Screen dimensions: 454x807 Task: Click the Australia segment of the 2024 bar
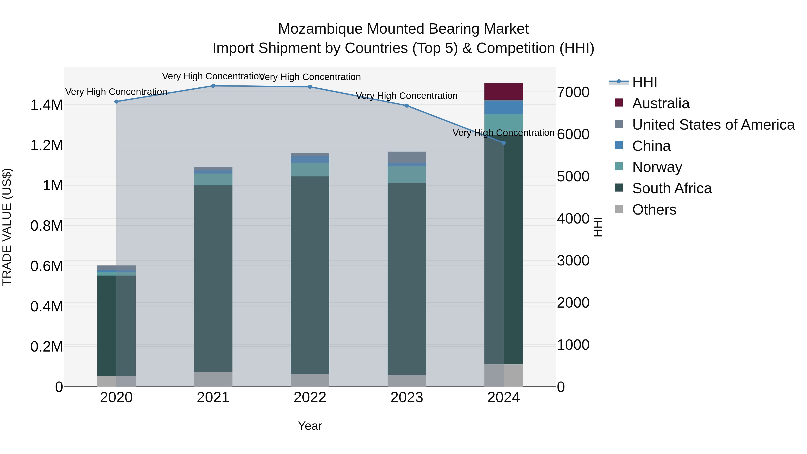coord(503,91)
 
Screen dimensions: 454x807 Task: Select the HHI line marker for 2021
coord(213,86)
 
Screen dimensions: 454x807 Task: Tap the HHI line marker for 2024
coord(503,143)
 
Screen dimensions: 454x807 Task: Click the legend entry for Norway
coord(657,167)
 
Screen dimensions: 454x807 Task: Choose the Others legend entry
coord(654,210)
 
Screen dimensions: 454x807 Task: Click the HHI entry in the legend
coord(644,82)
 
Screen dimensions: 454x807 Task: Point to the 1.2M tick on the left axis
coord(46,145)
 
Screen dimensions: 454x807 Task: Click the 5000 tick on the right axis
coord(573,176)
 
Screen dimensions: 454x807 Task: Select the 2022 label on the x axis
coord(310,398)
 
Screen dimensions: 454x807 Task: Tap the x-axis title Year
coord(310,426)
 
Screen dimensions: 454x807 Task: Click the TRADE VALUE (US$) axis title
coord(7,227)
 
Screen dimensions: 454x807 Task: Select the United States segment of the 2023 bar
coord(407,157)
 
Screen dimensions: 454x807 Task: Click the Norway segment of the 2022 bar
coord(310,169)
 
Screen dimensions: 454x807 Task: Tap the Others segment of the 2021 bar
coord(213,379)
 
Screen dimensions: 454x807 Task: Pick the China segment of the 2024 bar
coord(503,107)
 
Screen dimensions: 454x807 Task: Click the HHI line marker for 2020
coord(116,102)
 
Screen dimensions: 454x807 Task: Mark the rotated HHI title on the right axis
coord(598,227)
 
